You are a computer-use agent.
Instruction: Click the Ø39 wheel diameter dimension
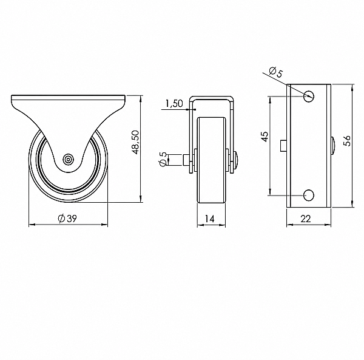click(67, 219)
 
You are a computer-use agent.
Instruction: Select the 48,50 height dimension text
click(135, 142)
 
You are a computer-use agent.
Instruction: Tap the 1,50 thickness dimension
click(174, 104)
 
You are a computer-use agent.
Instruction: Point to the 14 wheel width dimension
click(210, 219)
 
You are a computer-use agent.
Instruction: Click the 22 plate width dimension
click(306, 219)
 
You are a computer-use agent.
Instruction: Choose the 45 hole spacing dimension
click(265, 137)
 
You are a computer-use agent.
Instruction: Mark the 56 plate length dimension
click(348, 141)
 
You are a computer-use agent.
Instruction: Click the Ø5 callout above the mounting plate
click(276, 72)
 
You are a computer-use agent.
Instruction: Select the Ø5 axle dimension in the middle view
click(163, 159)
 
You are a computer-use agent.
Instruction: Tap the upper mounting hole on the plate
click(309, 95)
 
